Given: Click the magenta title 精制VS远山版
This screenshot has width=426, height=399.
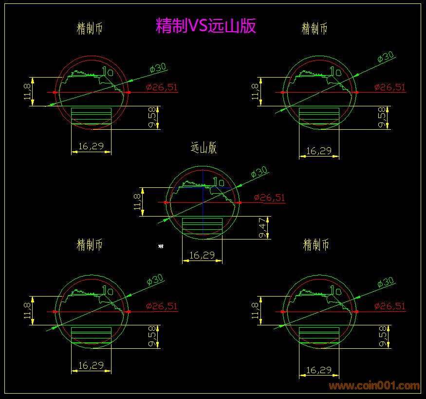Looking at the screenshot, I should click(205, 25).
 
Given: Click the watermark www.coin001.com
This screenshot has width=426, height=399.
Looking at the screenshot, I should click(374, 386).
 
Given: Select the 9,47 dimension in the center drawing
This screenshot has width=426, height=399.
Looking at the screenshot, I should click(263, 228).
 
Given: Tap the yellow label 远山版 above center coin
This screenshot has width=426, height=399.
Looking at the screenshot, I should click(203, 148).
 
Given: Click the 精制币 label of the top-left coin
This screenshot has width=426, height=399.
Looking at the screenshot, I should click(90, 29).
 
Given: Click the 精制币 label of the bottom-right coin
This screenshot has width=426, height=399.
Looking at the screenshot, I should click(316, 244).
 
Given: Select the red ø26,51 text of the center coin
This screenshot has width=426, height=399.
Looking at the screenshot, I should click(269, 198).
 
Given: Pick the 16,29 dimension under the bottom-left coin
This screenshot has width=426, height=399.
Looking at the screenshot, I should click(91, 365).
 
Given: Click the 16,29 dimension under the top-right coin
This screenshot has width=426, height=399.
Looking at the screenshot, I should click(318, 151).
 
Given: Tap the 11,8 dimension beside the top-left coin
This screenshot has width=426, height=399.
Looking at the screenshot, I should click(27, 91).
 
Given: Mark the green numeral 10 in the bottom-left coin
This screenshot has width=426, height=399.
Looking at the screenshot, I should click(108, 291).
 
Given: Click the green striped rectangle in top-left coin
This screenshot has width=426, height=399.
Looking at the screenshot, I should click(91, 116).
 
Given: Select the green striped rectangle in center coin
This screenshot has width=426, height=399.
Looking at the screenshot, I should click(202, 226).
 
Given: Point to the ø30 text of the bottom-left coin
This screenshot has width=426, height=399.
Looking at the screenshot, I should click(155, 280).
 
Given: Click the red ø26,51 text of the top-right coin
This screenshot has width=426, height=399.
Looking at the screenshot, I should click(389, 87).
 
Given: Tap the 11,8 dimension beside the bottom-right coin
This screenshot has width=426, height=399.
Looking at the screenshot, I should click(255, 311).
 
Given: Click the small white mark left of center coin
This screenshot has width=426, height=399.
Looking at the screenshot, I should click(161, 246).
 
